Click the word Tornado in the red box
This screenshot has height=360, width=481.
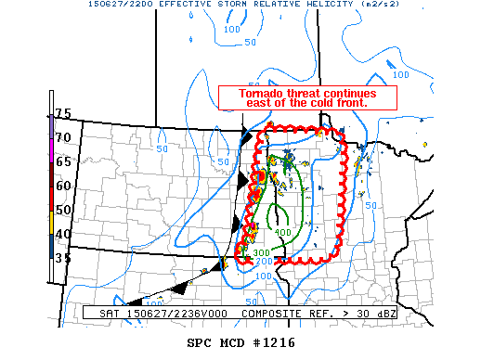click(262, 94)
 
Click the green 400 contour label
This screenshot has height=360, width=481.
click(283, 232)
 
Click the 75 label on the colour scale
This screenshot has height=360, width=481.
click(63, 113)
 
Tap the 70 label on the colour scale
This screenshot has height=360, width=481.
click(63, 137)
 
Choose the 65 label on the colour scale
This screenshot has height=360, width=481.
click(63, 161)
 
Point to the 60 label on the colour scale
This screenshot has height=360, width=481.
click(63, 186)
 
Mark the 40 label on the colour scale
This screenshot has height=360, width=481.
click(63, 234)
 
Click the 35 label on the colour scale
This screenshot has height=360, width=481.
click(63, 258)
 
